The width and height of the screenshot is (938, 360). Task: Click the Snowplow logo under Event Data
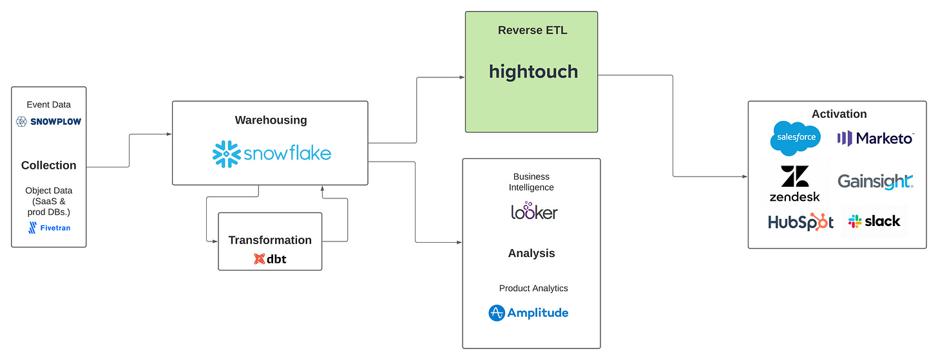point(49,121)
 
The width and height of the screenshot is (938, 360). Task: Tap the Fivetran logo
point(49,227)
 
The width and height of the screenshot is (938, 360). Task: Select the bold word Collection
point(49,166)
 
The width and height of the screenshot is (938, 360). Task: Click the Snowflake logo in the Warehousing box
point(271,153)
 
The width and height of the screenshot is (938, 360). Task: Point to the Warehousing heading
point(271,120)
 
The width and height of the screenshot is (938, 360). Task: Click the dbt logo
point(270,259)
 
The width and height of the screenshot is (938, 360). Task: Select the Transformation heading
point(270,240)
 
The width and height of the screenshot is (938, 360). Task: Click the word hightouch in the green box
point(533,71)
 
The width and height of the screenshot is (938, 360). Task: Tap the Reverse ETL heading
point(533,30)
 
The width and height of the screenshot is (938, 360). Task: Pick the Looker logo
point(533,211)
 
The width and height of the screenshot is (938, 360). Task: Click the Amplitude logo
point(528,313)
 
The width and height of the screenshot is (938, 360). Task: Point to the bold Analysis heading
point(531,253)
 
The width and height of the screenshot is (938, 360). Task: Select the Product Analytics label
point(533,288)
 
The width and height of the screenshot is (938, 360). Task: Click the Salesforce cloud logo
point(796,138)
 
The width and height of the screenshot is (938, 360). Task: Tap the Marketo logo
point(876,138)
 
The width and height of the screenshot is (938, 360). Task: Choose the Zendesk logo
point(794,184)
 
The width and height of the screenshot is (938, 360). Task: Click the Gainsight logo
point(876,182)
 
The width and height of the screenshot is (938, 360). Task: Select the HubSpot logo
point(801,222)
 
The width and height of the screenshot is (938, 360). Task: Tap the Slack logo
point(874,222)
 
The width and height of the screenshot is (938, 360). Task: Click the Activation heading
point(839,114)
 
